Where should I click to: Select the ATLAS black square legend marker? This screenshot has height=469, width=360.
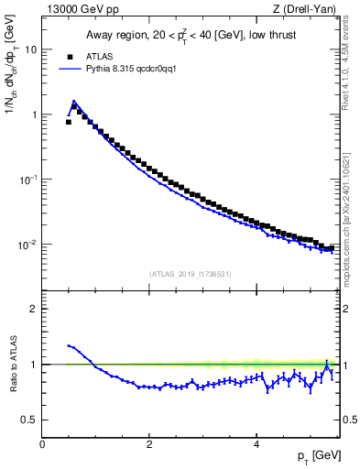coord(68,55)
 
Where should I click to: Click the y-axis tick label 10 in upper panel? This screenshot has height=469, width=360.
coord(30,49)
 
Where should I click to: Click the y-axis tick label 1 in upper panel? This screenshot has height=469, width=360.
coord(33,115)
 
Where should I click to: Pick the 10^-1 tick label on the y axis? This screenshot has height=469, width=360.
coord(27,179)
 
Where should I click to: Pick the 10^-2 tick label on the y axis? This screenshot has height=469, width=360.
coord(27,244)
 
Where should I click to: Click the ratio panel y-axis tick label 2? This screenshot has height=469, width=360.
coord(33,309)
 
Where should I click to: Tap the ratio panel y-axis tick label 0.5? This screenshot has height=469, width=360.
coord(29,420)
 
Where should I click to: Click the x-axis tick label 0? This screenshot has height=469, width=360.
coord(43,444)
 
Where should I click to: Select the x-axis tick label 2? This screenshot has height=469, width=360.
coord(149,444)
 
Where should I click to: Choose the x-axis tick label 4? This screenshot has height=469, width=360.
coord(256,444)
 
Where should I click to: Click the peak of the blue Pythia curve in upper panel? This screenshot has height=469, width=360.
coord(73,102)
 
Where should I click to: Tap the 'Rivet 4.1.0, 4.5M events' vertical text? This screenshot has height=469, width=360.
coord(351,82)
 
